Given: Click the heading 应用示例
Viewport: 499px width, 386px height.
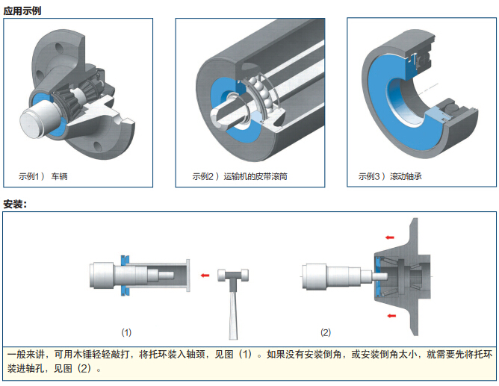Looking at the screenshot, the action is [x=22, y=10].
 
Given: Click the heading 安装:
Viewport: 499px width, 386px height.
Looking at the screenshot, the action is [x=15, y=204].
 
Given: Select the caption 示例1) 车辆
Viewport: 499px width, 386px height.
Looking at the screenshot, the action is [x=43, y=176].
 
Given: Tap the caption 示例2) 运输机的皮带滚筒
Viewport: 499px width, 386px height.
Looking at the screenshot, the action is [x=240, y=176].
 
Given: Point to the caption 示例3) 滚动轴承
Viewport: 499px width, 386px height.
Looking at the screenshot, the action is [x=390, y=176].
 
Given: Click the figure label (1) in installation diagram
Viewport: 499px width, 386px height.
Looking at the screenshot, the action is [x=126, y=332].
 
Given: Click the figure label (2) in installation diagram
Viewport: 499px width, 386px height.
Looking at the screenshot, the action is [x=326, y=332].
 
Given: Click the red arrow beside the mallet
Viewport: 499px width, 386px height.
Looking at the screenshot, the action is [x=205, y=276].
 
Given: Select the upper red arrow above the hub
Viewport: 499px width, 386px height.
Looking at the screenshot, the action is [x=390, y=237].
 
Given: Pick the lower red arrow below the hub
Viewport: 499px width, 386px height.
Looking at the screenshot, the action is [x=391, y=316].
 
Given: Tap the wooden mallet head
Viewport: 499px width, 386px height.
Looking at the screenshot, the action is [x=233, y=275].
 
